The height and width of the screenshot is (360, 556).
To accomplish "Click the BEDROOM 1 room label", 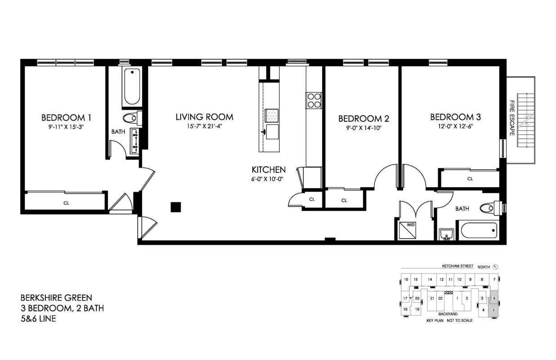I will [66, 118].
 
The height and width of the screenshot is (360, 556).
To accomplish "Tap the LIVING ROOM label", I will [204, 117].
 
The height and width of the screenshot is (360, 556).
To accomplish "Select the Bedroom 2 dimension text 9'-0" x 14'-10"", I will [363, 127].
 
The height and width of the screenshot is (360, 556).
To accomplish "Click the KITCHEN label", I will [268, 170].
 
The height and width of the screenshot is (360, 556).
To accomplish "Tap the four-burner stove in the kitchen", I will [314, 100].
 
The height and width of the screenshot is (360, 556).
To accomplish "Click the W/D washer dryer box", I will [411, 229].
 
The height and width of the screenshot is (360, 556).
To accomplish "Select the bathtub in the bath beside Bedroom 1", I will [132, 86].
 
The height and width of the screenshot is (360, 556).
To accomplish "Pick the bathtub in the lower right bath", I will [478, 231].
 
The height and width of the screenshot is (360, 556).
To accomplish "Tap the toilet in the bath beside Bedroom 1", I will [131, 118].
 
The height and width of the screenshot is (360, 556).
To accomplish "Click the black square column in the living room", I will [175, 207].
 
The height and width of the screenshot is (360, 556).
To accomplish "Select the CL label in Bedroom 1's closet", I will [66, 203].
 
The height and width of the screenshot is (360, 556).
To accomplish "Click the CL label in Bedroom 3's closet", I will [470, 179].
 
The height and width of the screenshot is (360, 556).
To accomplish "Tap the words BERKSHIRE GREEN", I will [56, 297].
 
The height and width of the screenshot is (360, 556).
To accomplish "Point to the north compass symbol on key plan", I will [496, 267].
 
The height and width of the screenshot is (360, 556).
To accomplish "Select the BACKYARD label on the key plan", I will [448, 314].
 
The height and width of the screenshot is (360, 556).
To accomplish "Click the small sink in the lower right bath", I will [446, 234].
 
